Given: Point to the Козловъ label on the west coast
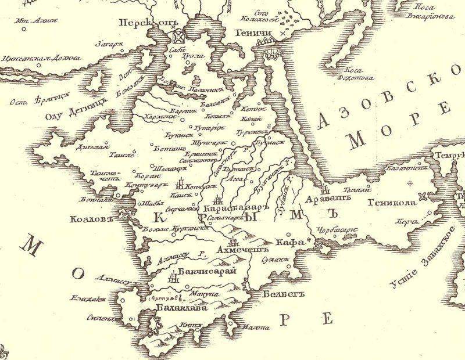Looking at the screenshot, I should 89,221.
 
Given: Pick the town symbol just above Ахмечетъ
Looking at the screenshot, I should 234,242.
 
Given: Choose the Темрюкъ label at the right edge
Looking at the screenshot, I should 448,156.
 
